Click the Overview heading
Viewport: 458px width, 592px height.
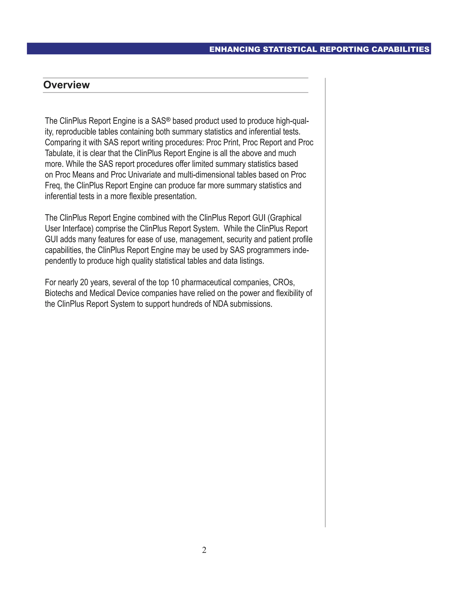coord(66,85)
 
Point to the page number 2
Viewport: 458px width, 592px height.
coord(204,550)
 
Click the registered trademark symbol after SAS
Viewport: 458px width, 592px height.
coord(168,119)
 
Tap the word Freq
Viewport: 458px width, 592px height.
coord(53,186)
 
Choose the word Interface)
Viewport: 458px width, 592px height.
coord(78,229)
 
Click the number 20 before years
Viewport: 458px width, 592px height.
coord(84,282)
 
